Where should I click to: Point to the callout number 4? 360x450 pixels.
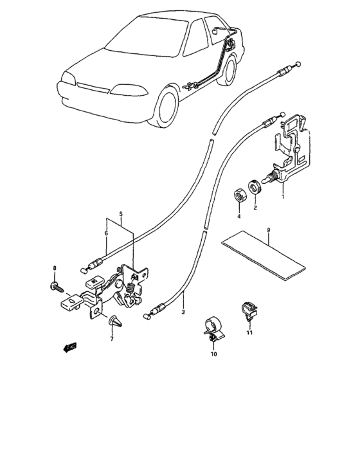click(x=238, y=217)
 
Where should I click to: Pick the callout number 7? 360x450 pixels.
click(x=111, y=339)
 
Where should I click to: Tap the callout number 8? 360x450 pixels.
click(x=55, y=267)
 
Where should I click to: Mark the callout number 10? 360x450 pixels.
click(x=213, y=354)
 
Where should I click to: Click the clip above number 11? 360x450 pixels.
click(x=247, y=309)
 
